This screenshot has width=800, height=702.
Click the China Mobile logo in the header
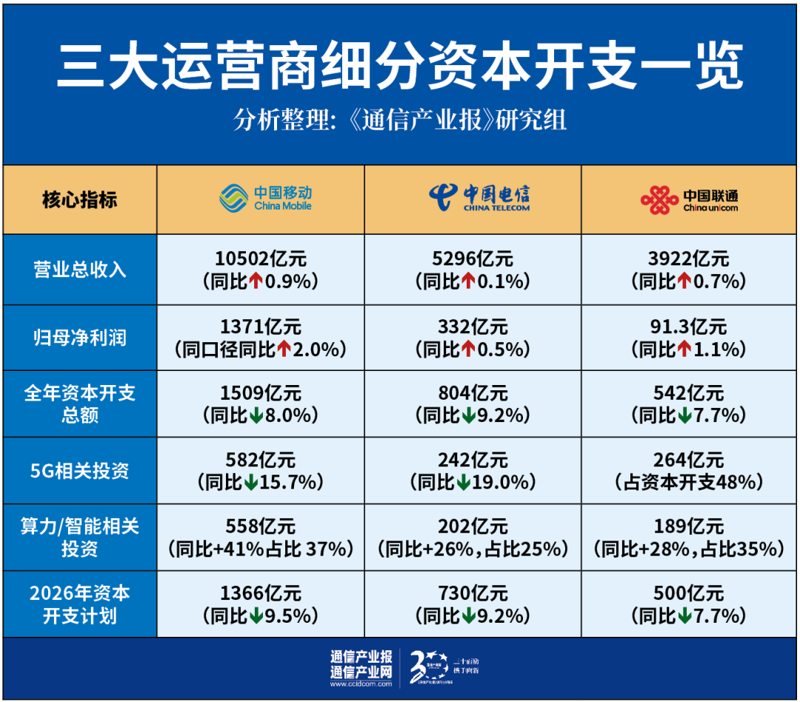(265, 198)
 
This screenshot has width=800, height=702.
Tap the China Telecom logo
(479, 197)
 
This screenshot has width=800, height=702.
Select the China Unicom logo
(690, 198)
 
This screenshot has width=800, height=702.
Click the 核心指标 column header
(80, 199)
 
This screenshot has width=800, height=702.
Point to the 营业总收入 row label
(80, 270)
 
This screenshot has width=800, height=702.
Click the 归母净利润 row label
(80, 338)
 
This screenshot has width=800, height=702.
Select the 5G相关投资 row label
(80, 471)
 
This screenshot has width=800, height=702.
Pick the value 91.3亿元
(690, 327)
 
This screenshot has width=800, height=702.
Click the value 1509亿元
(260, 393)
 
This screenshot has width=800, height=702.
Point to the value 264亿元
(690, 460)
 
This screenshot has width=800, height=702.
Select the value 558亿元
(260, 526)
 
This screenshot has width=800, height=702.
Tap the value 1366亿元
(260, 593)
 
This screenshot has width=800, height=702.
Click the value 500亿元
(690, 593)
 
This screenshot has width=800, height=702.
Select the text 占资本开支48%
(690, 483)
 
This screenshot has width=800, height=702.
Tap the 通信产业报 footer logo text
(361, 657)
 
